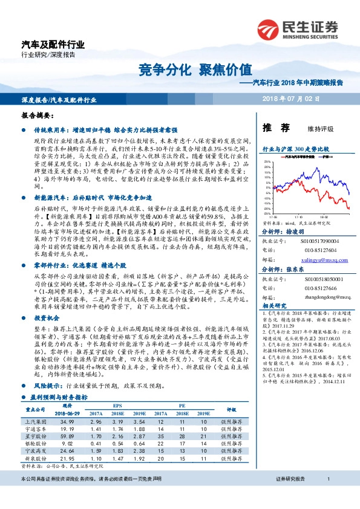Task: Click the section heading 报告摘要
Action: click(38, 114)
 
